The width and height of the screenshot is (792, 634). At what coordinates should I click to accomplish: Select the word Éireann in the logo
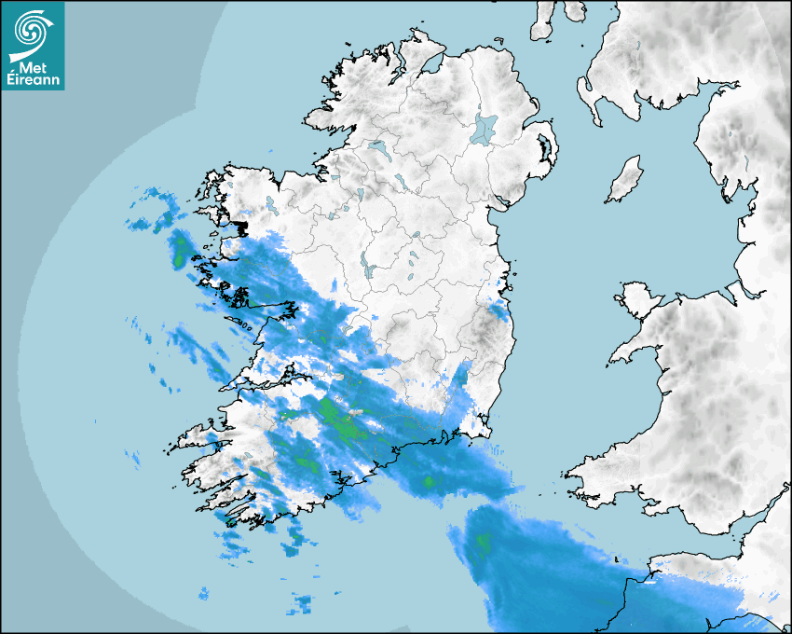point(35,81)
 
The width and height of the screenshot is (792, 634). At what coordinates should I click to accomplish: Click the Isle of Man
point(625,180)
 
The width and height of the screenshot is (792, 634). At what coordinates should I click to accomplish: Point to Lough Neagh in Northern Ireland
point(485,128)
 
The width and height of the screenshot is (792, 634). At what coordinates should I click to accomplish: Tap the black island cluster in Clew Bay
point(239,226)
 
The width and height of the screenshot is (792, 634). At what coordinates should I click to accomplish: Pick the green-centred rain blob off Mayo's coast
point(178,247)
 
